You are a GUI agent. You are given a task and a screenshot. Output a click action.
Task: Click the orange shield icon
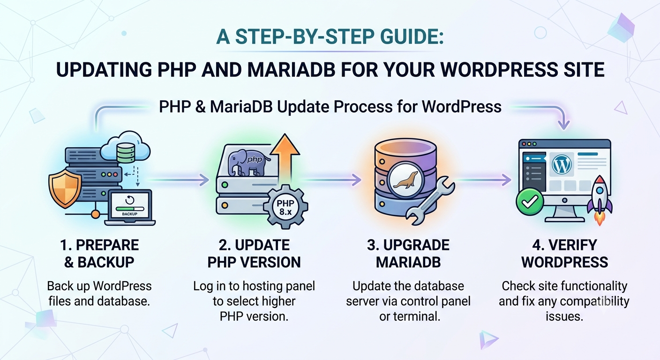65,190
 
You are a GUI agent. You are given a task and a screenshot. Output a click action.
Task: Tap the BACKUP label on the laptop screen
130,214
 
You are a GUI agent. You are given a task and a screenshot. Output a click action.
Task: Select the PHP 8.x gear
285,207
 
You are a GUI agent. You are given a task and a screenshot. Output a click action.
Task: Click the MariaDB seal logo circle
405,180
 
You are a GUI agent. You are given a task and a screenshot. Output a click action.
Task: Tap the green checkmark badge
530,202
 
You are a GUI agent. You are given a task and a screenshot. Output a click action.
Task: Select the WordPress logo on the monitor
562,165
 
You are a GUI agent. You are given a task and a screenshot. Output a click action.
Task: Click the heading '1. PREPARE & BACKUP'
99,254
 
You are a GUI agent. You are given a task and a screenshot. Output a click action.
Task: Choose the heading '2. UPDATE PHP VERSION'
254,254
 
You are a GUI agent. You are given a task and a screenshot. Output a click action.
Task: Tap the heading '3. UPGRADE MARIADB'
408,254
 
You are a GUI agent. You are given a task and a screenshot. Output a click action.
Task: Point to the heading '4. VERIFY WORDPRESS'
564,254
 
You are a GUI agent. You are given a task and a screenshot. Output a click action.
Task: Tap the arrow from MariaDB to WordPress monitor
483,180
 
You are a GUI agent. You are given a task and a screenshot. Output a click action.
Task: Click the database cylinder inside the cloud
126,153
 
